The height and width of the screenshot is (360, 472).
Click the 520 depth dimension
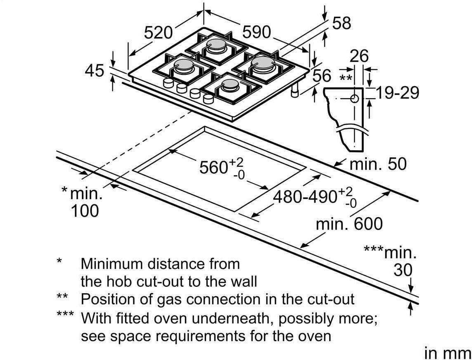[158, 33]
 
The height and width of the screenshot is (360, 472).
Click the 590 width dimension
[256, 32]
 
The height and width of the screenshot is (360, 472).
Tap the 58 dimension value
[342, 24]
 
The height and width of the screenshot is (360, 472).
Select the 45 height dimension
[95, 71]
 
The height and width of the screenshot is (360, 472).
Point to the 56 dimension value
[322, 76]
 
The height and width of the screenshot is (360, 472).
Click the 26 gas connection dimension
[359, 56]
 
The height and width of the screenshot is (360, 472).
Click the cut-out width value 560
[214, 168]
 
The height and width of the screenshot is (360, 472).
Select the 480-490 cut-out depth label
[305, 197]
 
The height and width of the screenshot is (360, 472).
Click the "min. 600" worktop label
[349, 224]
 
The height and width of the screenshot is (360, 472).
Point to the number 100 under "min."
[85, 211]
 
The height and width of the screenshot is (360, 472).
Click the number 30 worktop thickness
[403, 270]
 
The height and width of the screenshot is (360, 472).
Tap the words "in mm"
[447, 353]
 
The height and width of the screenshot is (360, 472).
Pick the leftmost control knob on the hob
[168, 83]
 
